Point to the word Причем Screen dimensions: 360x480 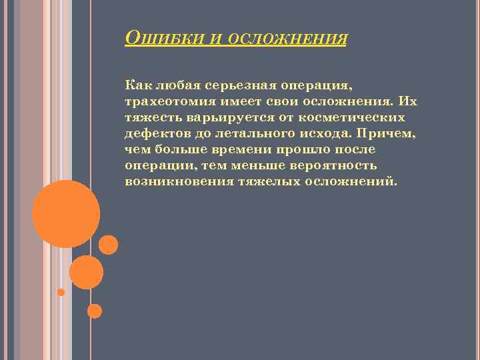(x=390, y=133)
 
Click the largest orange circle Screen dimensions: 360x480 (x=66, y=213)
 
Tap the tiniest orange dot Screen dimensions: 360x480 (x=61, y=292)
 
